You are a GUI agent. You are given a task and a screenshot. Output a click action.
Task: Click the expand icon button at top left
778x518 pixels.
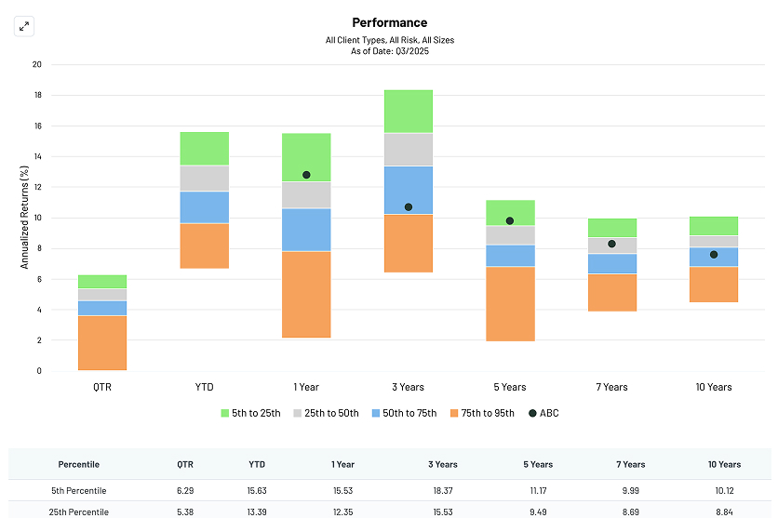pos(24,26)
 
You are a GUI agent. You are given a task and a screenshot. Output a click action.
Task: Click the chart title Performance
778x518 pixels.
pos(389,22)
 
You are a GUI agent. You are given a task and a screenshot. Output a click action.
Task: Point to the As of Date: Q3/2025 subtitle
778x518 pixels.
pos(389,51)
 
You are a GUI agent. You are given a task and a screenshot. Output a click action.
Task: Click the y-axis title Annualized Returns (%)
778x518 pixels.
pos(25,218)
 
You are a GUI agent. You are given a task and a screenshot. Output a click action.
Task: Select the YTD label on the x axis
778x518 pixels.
pos(204,387)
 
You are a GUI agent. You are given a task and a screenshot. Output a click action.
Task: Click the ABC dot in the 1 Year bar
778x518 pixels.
pos(306,175)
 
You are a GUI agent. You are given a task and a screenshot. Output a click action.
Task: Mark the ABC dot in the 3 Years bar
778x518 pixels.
pos(409,207)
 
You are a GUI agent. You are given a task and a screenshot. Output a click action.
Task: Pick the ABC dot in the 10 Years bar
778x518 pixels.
pos(714,255)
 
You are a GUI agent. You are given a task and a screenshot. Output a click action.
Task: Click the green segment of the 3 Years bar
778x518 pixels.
pos(409,112)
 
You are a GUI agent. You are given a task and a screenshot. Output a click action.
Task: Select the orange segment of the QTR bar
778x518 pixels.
pos(102,342)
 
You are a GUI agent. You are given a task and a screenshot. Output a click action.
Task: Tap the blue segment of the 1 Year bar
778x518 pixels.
pos(306,230)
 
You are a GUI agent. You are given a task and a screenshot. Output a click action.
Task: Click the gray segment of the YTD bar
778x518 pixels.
pos(204,178)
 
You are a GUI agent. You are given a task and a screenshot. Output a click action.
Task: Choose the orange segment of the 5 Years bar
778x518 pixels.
pos(510,303)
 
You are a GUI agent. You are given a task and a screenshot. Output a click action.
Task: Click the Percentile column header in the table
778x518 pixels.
pos(78,464)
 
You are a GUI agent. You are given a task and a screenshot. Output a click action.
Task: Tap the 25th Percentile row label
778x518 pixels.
pos(78,511)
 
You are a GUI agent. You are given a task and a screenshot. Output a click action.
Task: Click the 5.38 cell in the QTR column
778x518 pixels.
pos(184,511)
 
